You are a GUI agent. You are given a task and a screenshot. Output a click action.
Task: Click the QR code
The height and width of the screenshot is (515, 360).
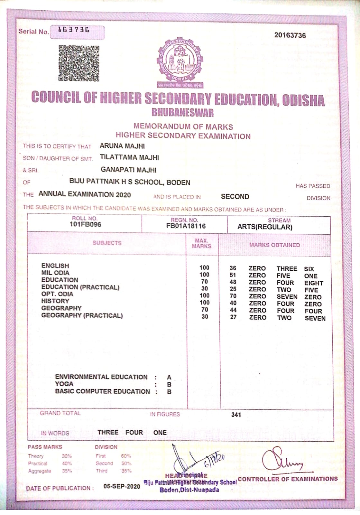[x=79, y=63]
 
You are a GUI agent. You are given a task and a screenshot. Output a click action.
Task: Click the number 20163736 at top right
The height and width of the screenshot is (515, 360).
[x=290, y=35]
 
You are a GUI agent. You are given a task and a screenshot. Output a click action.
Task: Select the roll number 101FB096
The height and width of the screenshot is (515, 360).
[x=85, y=224]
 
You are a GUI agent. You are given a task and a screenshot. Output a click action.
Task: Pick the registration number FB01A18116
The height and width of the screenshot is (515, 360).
[x=186, y=226]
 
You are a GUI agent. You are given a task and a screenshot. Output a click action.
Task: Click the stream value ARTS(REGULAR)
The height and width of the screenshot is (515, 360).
[x=265, y=227]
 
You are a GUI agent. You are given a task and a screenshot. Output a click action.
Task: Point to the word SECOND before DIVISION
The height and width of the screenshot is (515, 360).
[x=235, y=197]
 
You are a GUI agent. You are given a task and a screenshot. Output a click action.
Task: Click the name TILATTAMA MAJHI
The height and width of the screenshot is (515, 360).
[x=129, y=157]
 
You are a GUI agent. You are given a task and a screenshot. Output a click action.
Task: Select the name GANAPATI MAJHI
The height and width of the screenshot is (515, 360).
[x=128, y=170]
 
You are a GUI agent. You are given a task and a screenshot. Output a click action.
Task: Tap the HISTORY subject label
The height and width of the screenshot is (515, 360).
[x=55, y=301]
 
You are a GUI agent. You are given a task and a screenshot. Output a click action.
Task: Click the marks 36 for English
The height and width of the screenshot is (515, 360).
[x=233, y=268]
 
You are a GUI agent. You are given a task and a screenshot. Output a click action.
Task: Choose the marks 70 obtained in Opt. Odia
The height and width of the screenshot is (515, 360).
[x=233, y=296]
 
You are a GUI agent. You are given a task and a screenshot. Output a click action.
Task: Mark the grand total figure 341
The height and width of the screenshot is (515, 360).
[x=236, y=415]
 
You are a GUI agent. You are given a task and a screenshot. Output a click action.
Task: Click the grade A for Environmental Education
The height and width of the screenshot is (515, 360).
[x=169, y=377]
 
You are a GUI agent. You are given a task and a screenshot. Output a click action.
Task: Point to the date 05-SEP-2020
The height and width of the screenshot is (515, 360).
[x=122, y=486]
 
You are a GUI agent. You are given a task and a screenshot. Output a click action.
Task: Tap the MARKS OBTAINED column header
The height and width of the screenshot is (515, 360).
[x=274, y=245]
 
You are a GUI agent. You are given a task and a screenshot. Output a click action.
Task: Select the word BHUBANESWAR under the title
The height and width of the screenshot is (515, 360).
[x=182, y=113]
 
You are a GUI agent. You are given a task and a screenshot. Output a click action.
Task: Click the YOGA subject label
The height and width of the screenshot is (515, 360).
[x=64, y=384]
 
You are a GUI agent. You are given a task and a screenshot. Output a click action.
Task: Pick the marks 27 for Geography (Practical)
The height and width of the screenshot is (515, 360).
[x=234, y=317]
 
